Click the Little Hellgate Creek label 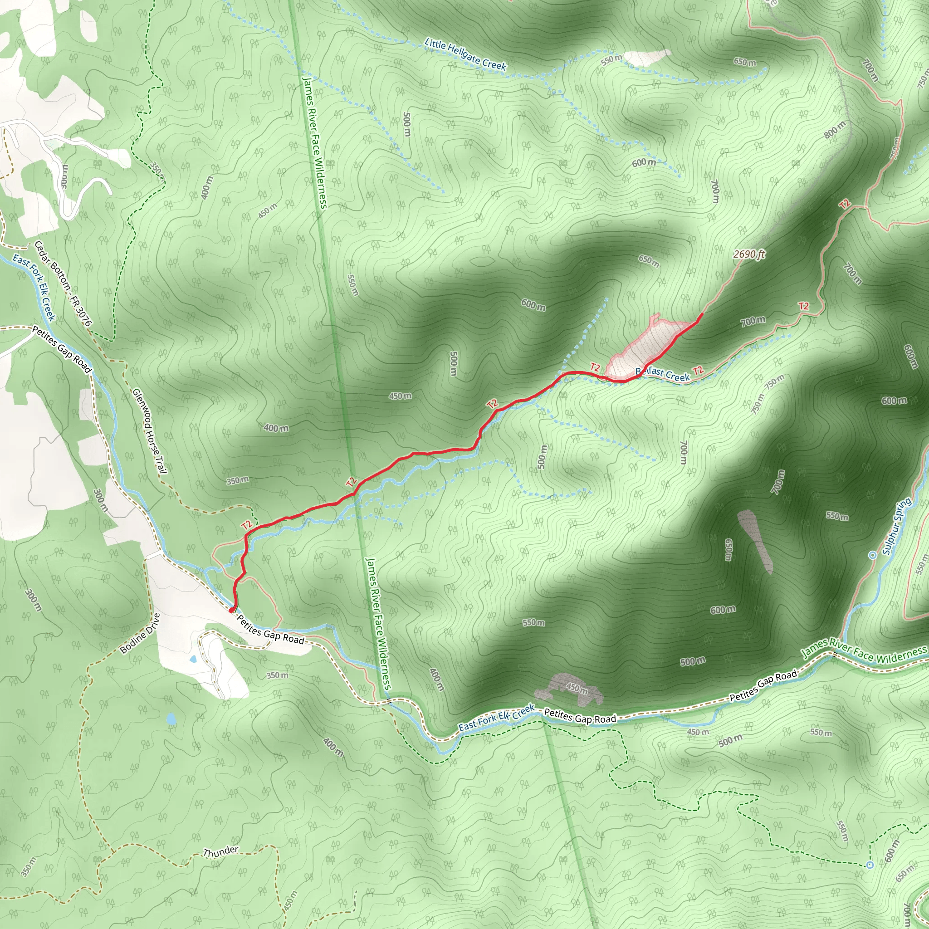pyautogui.click(x=465, y=55)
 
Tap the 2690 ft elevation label pyautogui.click(x=749, y=254)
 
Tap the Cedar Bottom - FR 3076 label pyautogui.click(x=63, y=283)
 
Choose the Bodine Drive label pyautogui.click(x=140, y=633)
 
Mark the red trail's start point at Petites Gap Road pyautogui.click(x=232, y=610)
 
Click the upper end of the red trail pyautogui.click(x=702, y=314)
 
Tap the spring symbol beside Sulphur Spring pyautogui.click(x=873, y=555)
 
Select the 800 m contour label pyautogui.click(x=834, y=130)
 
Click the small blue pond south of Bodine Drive pyautogui.click(x=171, y=719)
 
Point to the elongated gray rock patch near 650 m pyautogui.click(x=754, y=541)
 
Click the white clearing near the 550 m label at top pyautogui.click(x=647, y=57)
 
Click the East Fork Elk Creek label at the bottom pyautogui.click(x=496, y=718)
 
